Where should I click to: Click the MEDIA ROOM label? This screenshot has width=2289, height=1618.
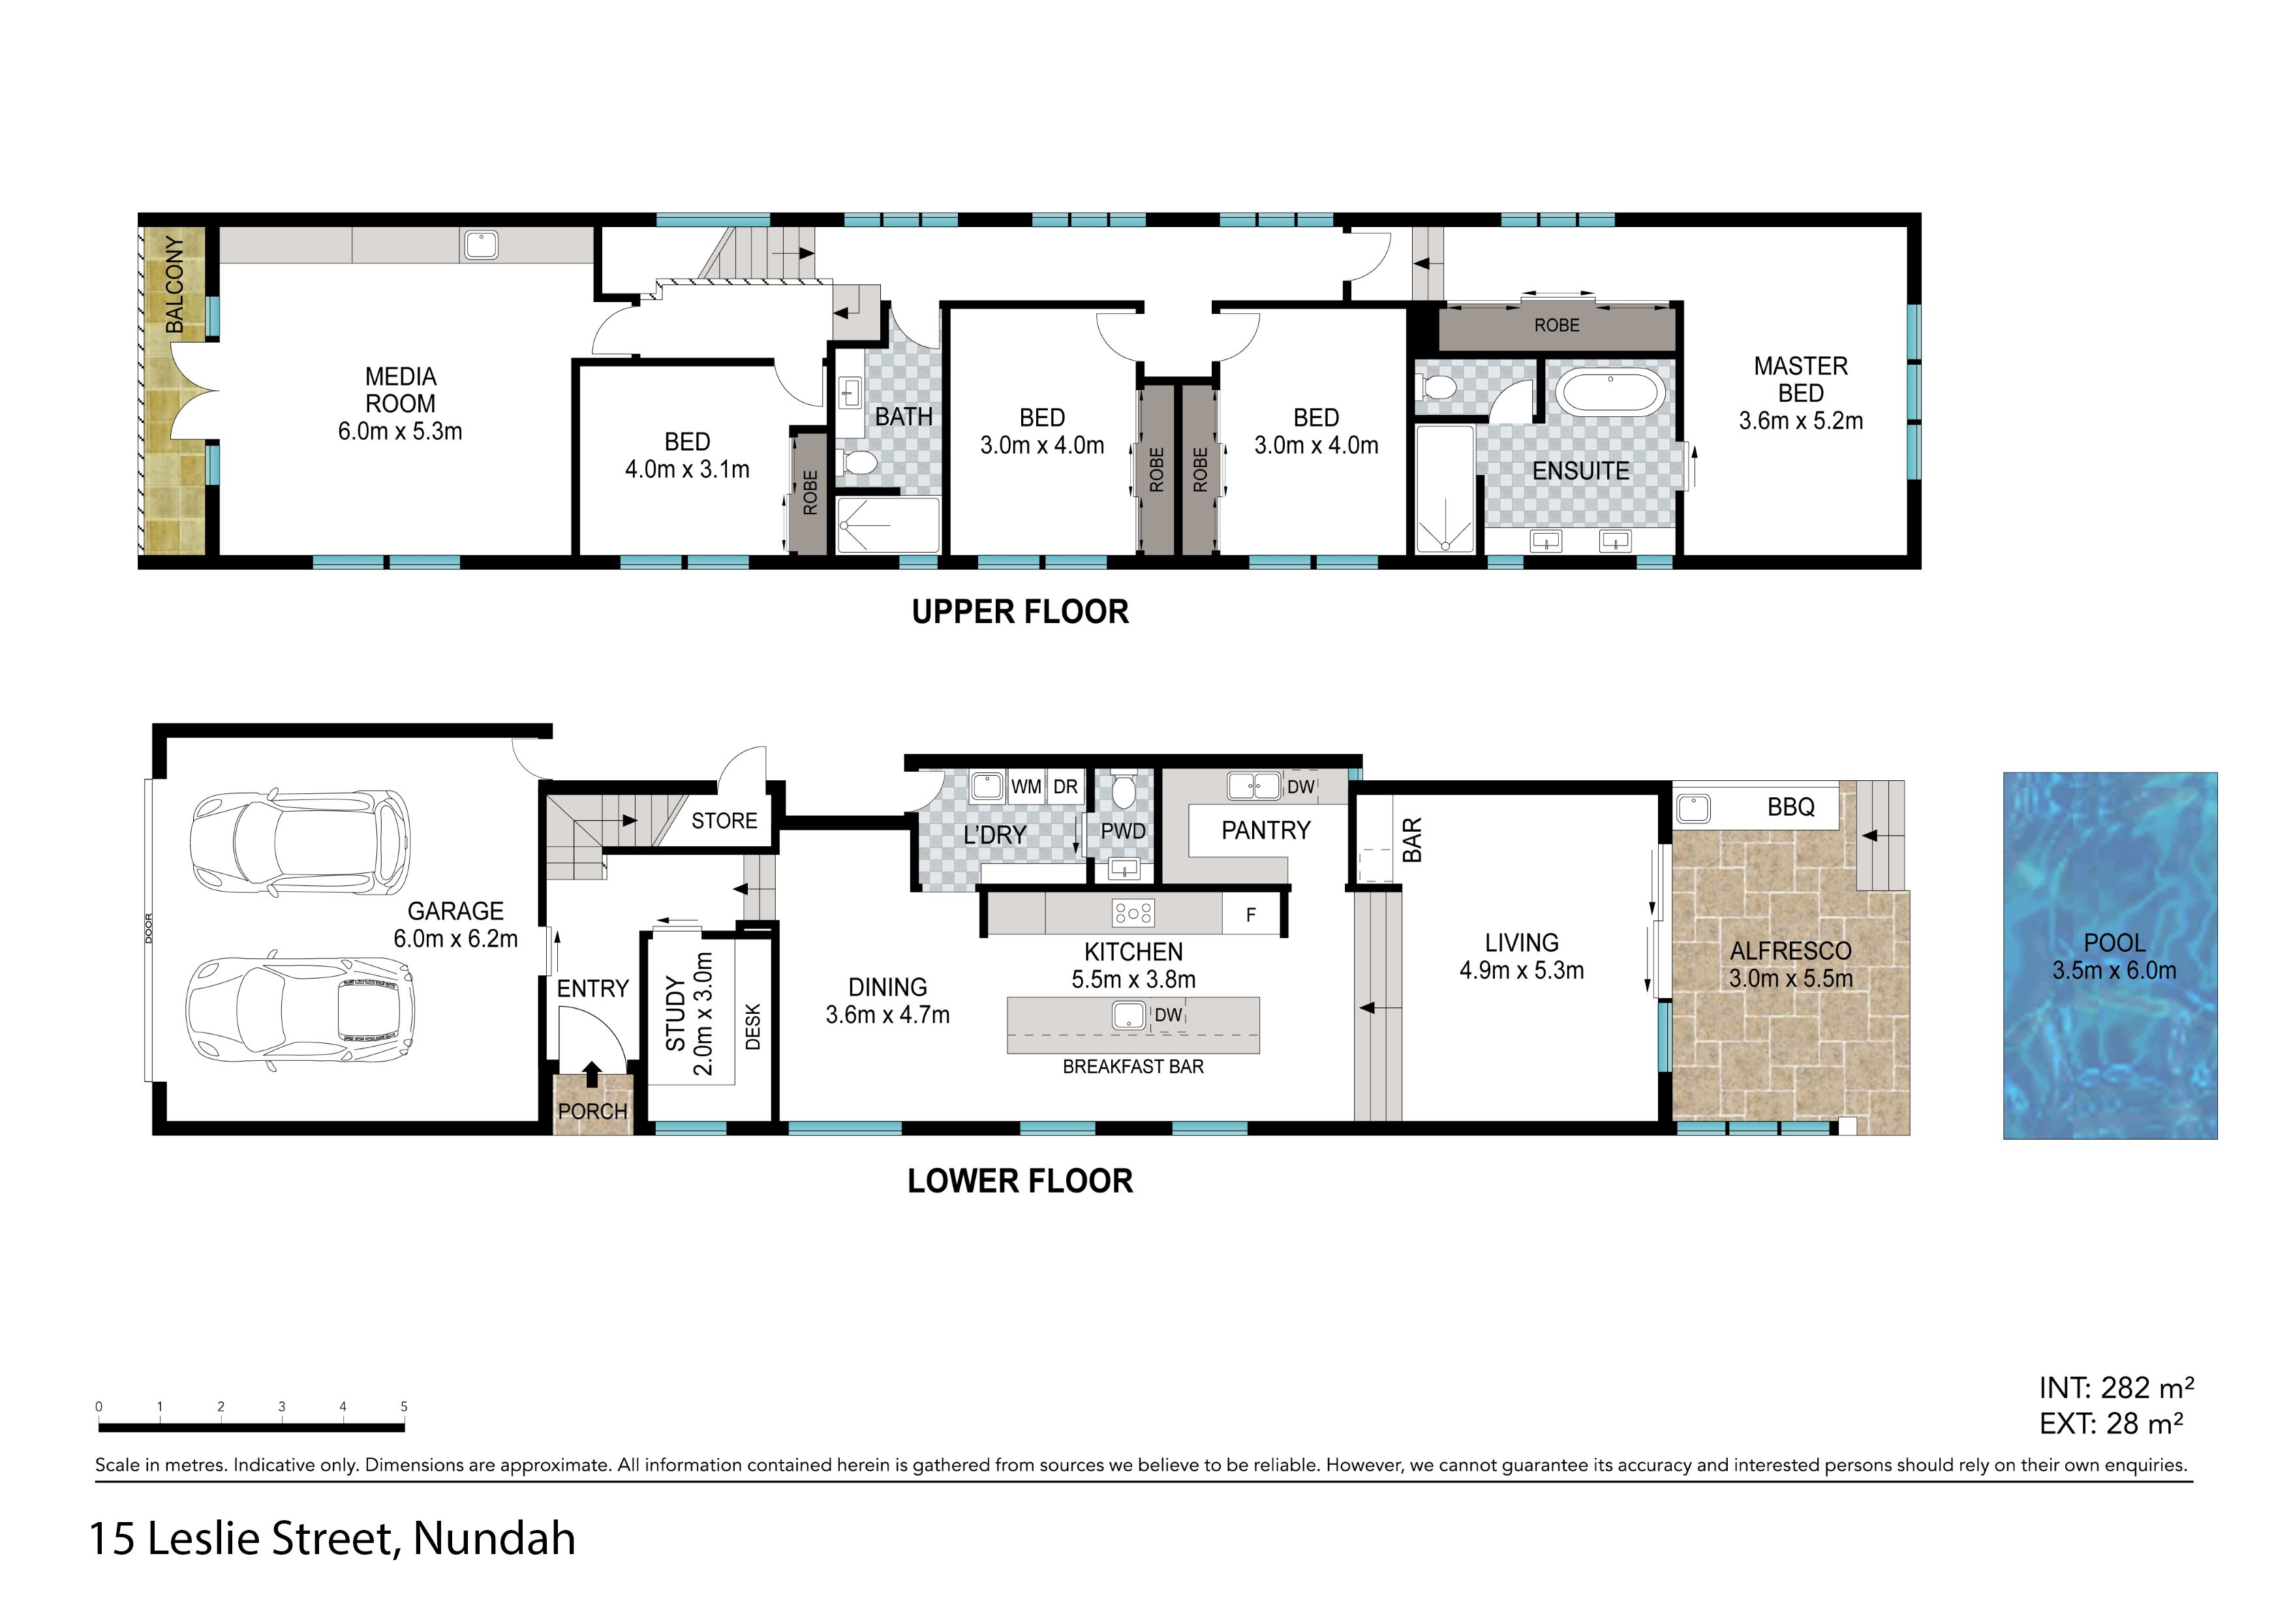[x=400, y=391]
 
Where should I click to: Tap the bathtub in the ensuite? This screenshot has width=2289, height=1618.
[x=1610, y=392]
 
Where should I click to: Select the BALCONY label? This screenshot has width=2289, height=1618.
[x=174, y=284]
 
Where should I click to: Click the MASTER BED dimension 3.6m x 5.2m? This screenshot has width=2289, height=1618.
[x=1800, y=421]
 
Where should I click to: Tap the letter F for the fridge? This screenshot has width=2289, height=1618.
[x=1251, y=915]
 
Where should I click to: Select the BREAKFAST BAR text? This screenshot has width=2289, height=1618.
[x=1133, y=1067]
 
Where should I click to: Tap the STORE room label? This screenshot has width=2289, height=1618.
[x=725, y=821]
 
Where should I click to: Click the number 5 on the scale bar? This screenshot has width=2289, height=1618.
[x=404, y=1407]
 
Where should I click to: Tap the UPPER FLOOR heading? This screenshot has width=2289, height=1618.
[x=1020, y=611]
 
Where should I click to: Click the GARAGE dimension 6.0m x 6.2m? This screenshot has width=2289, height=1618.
[x=455, y=939]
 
